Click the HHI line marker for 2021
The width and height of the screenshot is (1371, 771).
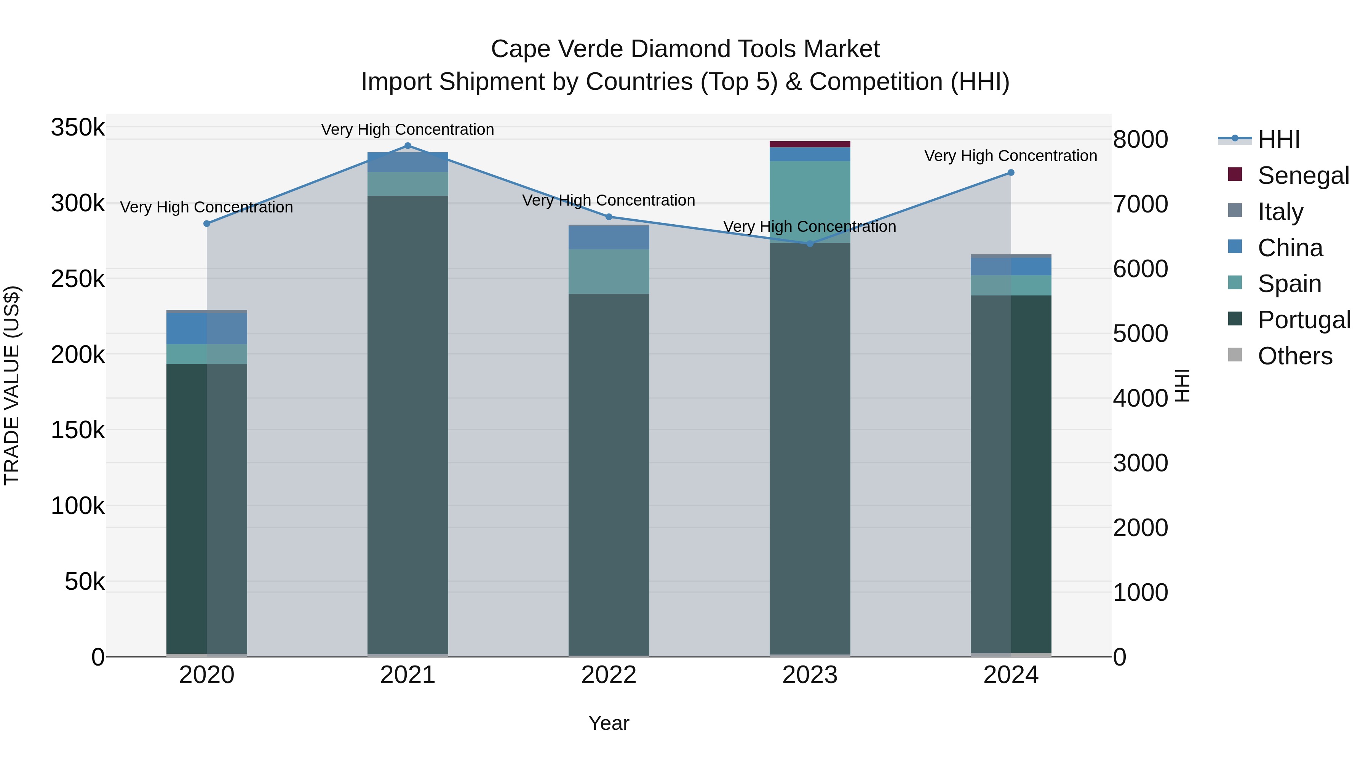click(x=407, y=146)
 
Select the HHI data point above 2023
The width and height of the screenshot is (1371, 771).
click(x=810, y=244)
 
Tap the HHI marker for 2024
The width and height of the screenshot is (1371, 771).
click(x=1011, y=172)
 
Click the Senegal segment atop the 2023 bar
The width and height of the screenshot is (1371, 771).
click(x=810, y=144)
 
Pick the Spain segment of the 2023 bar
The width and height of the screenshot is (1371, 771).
click(x=810, y=202)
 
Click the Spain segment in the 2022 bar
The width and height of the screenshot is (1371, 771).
click(x=609, y=271)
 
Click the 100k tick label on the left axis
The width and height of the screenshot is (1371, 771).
click(x=78, y=506)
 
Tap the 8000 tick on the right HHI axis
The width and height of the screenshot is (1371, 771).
click(x=1140, y=139)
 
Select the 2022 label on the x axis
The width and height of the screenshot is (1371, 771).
click(x=609, y=675)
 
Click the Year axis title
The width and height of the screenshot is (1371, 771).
click(x=609, y=723)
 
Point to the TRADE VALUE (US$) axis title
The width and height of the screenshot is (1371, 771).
click(x=12, y=385)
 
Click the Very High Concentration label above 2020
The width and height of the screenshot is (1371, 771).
click(x=206, y=207)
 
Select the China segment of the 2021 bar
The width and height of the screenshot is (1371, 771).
click(x=407, y=162)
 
